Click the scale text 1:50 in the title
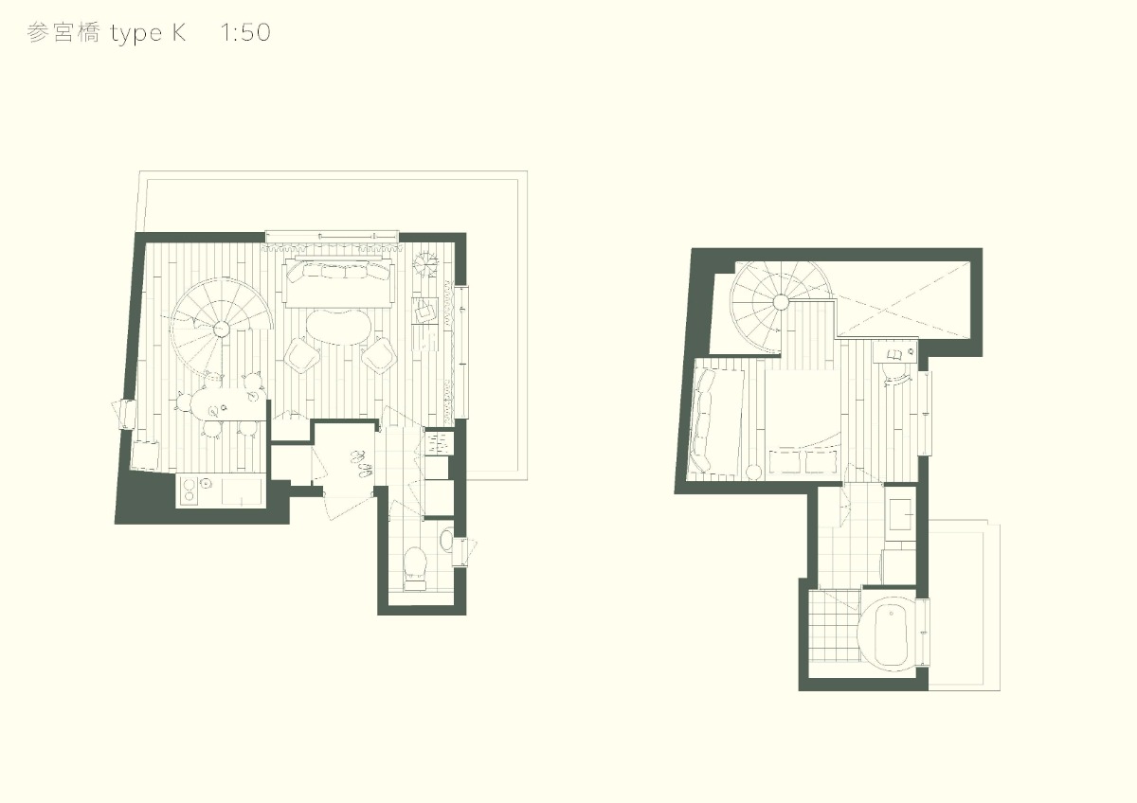245,32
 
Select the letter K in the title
179,32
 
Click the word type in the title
135,34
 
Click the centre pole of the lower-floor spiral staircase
221,329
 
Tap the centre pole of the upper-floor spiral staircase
781,303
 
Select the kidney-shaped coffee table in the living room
338,328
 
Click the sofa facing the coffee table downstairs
339,282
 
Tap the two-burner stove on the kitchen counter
188,490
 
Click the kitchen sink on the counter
241,491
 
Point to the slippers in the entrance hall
361,463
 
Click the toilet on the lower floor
415,569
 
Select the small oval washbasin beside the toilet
446,540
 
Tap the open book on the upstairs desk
894,354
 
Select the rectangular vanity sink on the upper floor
900,514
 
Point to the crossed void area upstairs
904,299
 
